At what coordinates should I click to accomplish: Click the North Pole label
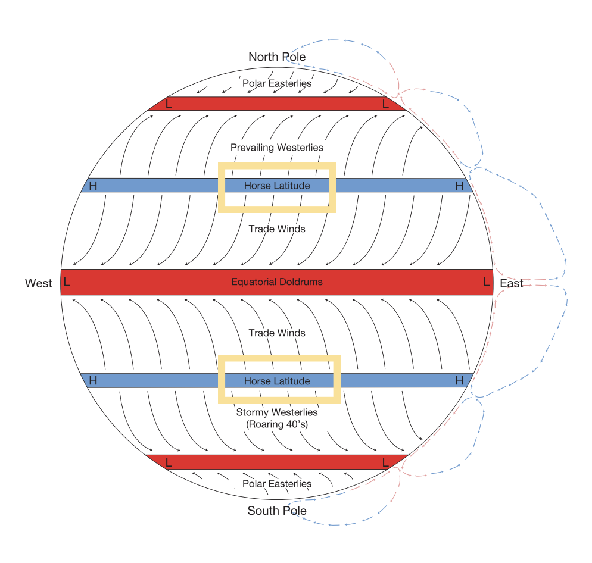[x=277, y=57]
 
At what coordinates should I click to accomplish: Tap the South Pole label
[x=277, y=511]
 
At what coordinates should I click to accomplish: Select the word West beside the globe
[x=39, y=283]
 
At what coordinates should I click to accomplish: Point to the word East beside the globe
[x=511, y=283]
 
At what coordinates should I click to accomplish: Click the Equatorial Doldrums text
[x=277, y=281]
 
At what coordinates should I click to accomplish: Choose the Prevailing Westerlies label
[x=277, y=147]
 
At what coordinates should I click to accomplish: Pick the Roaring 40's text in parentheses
[x=277, y=424]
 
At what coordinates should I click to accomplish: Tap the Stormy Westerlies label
[x=277, y=412]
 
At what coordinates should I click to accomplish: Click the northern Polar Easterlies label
[x=277, y=83]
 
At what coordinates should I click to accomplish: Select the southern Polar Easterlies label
[x=277, y=483]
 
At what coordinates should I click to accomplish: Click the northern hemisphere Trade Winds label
[x=277, y=229]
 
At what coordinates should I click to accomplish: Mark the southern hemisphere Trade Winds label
[x=277, y=333]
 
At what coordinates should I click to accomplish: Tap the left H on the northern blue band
[x=93, y=186]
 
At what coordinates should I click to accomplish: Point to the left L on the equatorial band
[x=67, y=282]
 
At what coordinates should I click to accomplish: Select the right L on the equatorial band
[x=487, y=282]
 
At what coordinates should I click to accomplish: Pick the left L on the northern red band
[x=169, y=104]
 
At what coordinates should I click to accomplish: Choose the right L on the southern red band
[x=385, y=462]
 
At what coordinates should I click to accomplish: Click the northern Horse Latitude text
[x=277, y=186]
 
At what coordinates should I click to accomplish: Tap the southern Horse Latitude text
[x=277, y=381]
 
